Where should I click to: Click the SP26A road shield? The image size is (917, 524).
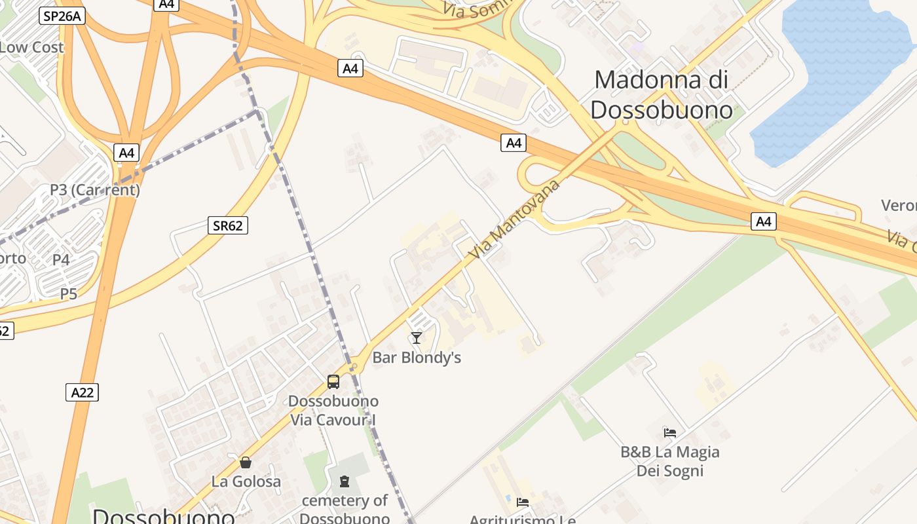(x=62, y=16)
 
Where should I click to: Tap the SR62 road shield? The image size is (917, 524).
(x=228, y=226)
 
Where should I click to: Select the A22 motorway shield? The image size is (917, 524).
(x=82, y=392)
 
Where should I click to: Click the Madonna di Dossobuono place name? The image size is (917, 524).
(x=661, y=94)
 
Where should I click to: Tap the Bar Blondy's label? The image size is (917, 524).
(x=417, y=358)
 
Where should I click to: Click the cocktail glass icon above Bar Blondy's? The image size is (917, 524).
(x=416, y=338)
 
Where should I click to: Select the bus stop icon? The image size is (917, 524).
(x=333, y=381)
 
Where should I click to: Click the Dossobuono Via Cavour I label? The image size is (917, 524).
(x=333, y=410)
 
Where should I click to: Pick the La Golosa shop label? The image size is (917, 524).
(x=246, y=481)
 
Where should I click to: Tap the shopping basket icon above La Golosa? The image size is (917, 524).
(x=246, y=462)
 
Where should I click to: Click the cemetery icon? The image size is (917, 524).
(x=345, y=482)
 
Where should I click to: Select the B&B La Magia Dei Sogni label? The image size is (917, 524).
(x=669, y=461)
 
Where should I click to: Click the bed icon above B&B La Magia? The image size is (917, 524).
(x=669, y=432)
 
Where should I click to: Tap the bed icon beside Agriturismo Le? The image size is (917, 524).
(x=522, y=502)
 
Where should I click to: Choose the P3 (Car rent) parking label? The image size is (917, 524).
(x=95, y=190)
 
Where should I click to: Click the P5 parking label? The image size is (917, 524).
(x=69, y=294)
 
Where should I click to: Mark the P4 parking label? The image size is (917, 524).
(x=61, y=260)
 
